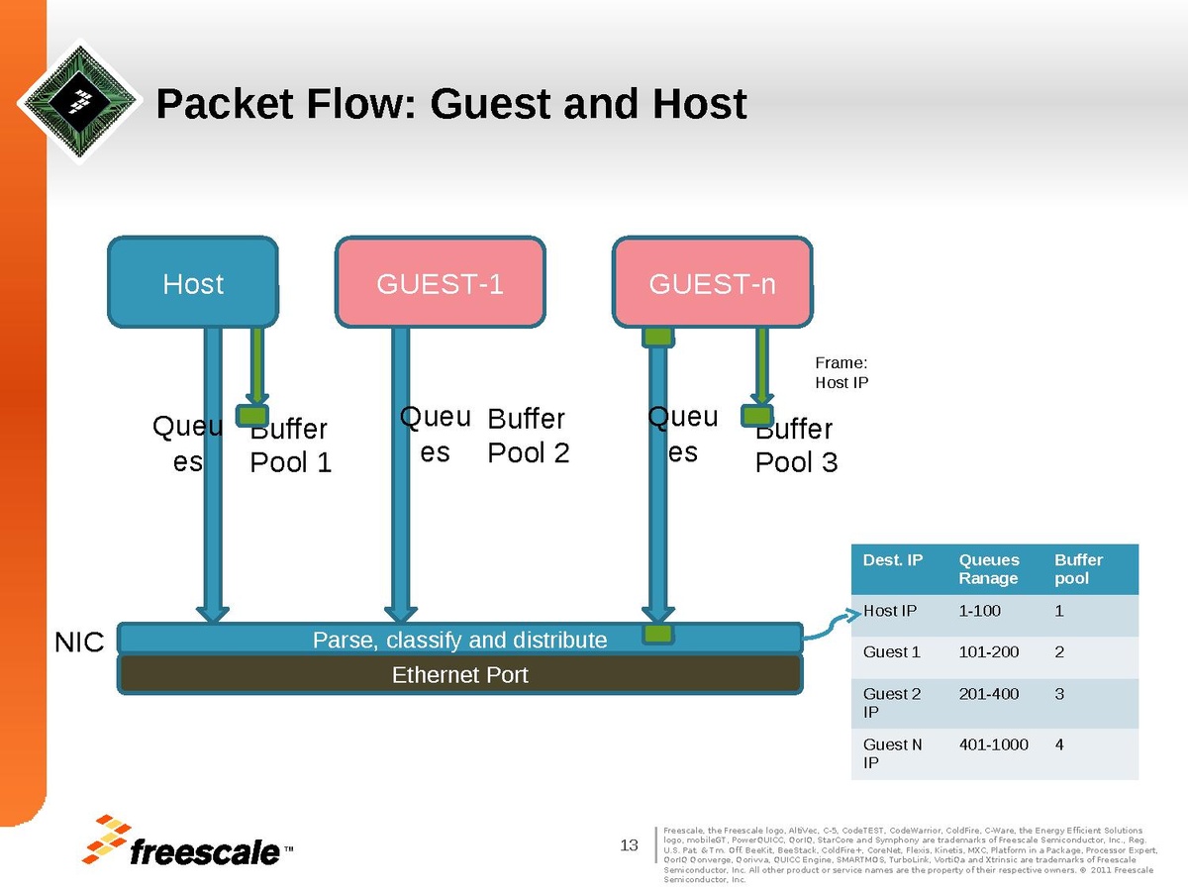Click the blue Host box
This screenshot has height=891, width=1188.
(192, 283)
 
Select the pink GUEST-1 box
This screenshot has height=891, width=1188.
(440, 283)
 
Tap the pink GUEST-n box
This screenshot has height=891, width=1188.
(712, 283)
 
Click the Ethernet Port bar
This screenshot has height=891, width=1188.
(460, 674)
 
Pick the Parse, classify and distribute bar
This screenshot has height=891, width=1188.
(459, 640)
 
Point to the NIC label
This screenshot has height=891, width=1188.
(78, 643)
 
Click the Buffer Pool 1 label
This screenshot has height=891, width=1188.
(290, 445)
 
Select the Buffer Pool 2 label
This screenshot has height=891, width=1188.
(529, 436)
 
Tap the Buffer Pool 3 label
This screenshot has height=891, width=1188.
(796, 445)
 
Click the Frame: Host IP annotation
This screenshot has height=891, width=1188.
(841, 372)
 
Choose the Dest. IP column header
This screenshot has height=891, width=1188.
(892, 560)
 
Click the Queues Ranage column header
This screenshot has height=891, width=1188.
(988, 569)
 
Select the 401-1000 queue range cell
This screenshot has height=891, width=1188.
(993, 743)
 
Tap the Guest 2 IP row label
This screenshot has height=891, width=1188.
(891, 702)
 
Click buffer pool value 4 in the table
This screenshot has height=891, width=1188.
(1059, 743)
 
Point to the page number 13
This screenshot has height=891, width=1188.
(629, 844)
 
